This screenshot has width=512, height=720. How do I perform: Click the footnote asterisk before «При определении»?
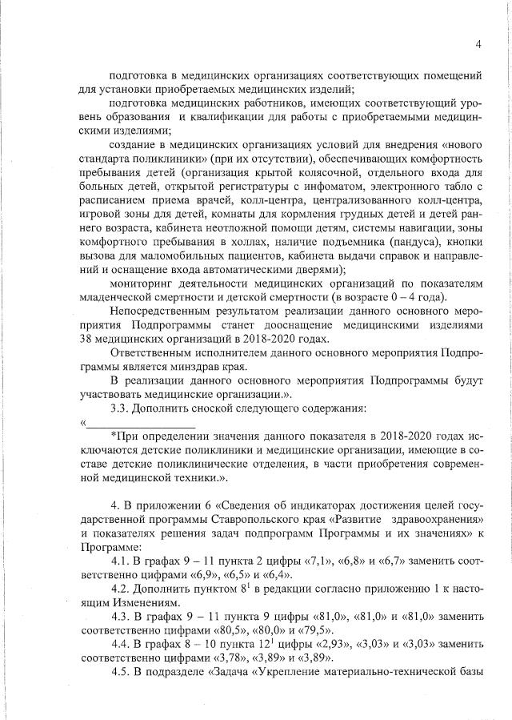point(113,436)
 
